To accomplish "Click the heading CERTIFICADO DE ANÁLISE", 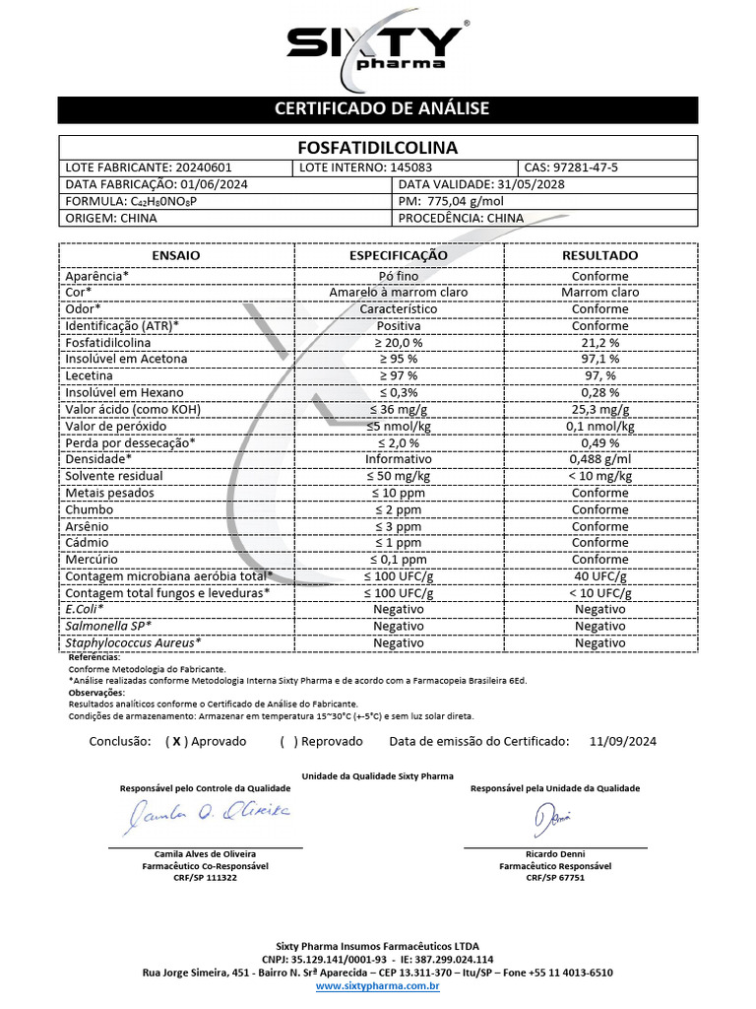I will click(x=381, y=108).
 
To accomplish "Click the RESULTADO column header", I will click(x=599, y=255).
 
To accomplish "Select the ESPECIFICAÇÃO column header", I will click(x=399, y=255).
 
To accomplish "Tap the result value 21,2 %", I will click(x=599, y=342).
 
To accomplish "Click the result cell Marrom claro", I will click(x=599, y=292).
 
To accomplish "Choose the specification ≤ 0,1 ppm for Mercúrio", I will click(x=399, y=560).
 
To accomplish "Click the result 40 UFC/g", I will click(x=599, y=576).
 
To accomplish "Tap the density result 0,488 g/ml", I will click(x=599, y=459).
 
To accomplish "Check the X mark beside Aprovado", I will click(x=176, y=742).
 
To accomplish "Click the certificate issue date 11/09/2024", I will click(x=623, y=742).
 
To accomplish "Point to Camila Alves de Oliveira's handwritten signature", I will click(x=206, y=814).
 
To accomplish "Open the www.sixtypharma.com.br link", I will click(x=377, y=985).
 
